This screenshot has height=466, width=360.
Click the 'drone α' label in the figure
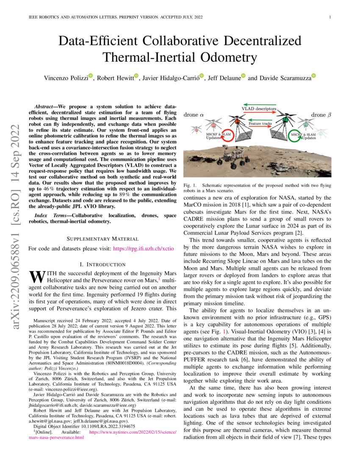click(193, 115)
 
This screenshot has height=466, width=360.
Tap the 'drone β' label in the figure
click(321, 115)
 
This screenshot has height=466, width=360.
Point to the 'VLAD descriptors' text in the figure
click(259, 109)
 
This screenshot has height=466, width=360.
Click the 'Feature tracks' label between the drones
click(260, 124)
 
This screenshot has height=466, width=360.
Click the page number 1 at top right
click(330, 17)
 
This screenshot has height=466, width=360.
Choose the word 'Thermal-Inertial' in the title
click(141, 57)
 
